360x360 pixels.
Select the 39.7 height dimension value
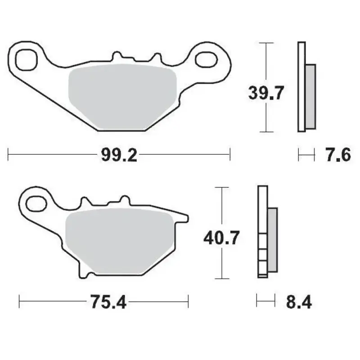pos(266,94)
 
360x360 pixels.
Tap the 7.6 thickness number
pos(337,156)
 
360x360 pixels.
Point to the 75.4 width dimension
pos(108,301)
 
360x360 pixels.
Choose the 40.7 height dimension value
pos(221,237)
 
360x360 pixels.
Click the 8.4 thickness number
pos(299,301)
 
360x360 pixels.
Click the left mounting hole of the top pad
pos(25,58)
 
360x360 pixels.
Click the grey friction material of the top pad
pos(121,97)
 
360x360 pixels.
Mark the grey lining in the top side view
pos(310,96)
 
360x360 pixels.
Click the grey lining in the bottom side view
pos(273,240)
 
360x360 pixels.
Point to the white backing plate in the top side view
pos(301,86)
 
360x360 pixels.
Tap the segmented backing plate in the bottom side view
pos(262,232)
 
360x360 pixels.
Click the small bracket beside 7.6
pos(306,156)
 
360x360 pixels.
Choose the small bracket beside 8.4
pos(265,301)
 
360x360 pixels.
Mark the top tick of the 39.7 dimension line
pos(267,43)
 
